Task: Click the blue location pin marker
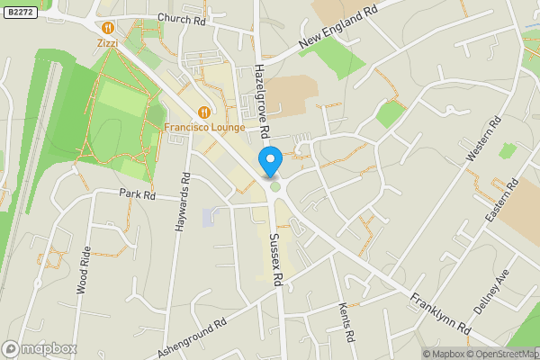click(270, 161)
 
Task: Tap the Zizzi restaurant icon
click(108, 28)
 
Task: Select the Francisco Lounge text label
click(204, 127)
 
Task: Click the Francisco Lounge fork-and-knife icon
click(205, 112)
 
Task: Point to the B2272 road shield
click(20, 13)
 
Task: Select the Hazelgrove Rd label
click(260, 101)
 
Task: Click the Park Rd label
click(138, 193)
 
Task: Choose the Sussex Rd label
click(277, 256)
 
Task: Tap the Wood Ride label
click(83, 270)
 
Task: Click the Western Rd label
click(482, 139)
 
